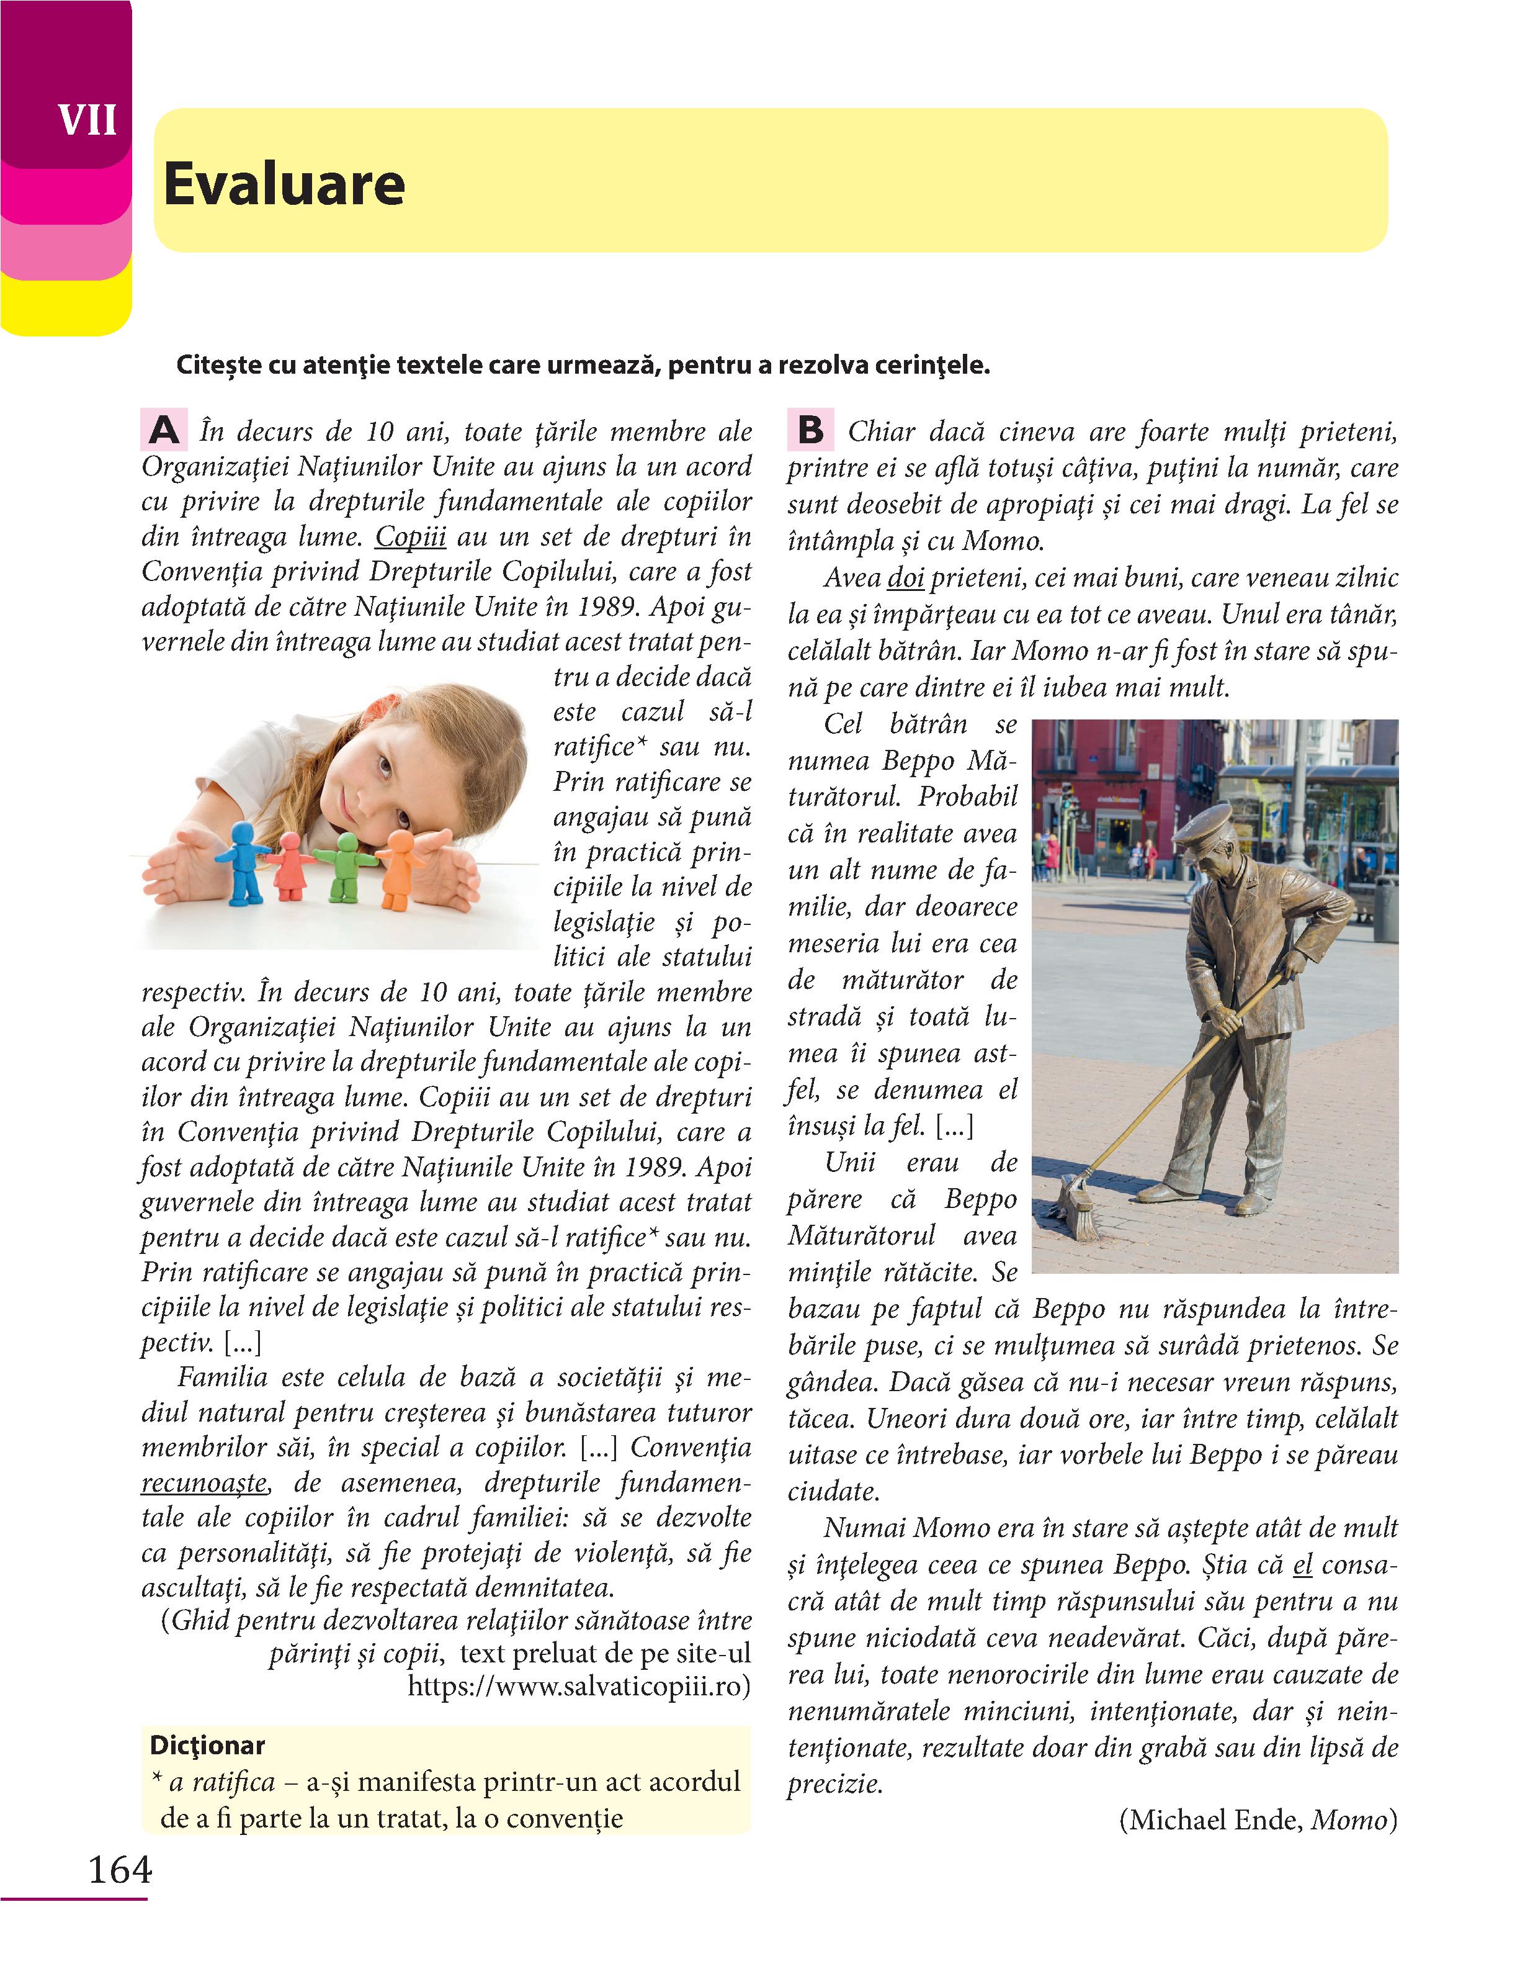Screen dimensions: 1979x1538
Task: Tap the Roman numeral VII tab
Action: (x=87, y=120)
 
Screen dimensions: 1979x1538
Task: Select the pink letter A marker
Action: (x=164, y=430)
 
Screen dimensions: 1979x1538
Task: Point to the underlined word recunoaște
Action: (x=205, y=1484)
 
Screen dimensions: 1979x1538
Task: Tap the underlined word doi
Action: (x=906, y=578)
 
